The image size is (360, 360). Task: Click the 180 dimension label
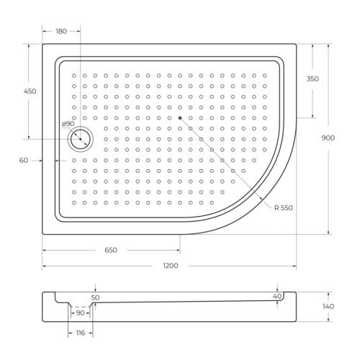(x=60, y=31)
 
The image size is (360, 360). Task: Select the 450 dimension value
(x=30, y=91)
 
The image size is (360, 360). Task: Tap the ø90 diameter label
(x=68, y=123)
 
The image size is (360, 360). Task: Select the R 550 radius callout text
(x=284, y=208)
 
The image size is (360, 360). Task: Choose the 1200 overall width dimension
(x=171, y=266)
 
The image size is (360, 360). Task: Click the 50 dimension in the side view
(x=96, y=297)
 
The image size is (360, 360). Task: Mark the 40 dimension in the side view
(x=277, y=296)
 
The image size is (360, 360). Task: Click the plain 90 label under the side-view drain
(x=81, y=312)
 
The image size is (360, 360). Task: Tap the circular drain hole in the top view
(x=80, y=138)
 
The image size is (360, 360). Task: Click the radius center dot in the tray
(x=180, y=117)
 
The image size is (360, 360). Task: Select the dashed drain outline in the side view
(x=81, y=307)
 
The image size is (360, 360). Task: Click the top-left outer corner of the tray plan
(x=42, y=45)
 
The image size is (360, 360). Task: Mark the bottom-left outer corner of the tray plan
(x=42, y=234)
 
